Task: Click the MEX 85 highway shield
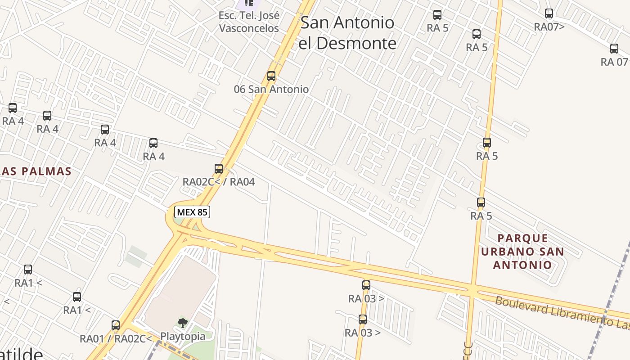pos(192,212)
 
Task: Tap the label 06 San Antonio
pos(271,89)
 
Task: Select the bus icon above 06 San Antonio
pos(271,76)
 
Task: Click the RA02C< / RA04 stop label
pos(219,182)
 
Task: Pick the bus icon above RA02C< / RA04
pos(219,169)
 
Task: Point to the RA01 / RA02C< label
pos(116,339)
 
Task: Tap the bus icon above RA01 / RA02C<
pos(116,325)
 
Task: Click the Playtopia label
pos(183,336)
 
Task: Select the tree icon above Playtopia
pos(182,323)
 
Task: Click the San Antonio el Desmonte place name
pos(347,32)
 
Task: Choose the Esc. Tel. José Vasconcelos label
pos(249,22)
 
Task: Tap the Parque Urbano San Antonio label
pos(522,251)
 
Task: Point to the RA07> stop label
pos(549,27)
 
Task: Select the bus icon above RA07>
pos(549,13)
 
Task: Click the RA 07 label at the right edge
pos(614,62)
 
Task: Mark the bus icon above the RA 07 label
pos(614,49)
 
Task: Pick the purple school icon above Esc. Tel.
pos(249,3)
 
